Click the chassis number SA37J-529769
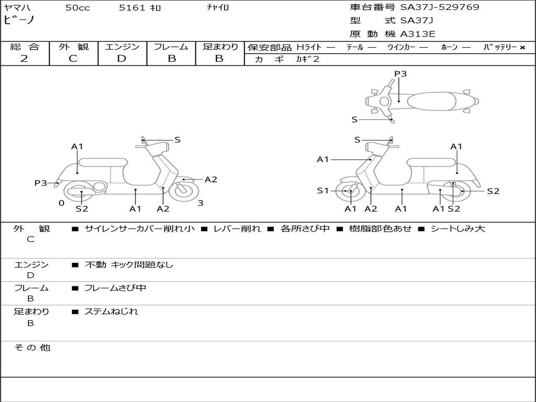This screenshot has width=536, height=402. tap(440, 7)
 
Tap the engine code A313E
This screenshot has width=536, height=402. tap(417, 34)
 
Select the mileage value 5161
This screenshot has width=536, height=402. tap(132, 8)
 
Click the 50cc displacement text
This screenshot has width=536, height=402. tap(77, 8)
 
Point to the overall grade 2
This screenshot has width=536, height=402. tap(24, 59)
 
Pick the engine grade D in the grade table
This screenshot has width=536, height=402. tap(121, 59)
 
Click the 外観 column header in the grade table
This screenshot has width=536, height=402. tap(73, 47)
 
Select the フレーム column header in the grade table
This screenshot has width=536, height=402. tap(171, 47)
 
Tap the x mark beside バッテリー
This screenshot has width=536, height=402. tap(522, 48)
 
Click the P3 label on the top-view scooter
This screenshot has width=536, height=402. tap(400, 73)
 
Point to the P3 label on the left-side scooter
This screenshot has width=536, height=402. tap(40, 183)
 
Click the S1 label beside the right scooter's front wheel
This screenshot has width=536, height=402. tap(322, 191)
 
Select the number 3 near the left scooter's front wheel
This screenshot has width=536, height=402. tap(200, 203)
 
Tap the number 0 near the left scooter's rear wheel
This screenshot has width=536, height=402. tap(61, 203)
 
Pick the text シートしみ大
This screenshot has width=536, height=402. tap(457, 229)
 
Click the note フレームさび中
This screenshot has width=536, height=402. tap(115, 288)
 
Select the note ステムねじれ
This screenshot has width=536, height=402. tap(111, 311)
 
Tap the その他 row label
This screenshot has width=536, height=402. tap(32, 348)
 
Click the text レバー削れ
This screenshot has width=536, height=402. tap(237, 229)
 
